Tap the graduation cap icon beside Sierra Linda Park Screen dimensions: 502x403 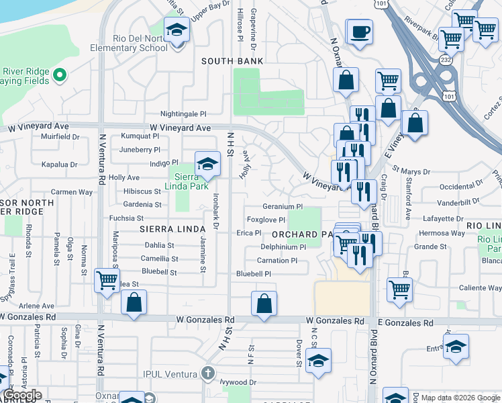pos(207,164)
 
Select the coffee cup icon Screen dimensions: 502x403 pos(359,32)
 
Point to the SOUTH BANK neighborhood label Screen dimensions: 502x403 pos(233,61)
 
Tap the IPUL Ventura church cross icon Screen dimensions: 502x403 pos(208,372)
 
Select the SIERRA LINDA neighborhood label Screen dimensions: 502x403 pos(165,229)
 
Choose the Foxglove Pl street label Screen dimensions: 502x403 pos(266,220)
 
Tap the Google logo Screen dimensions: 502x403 pos(22,394)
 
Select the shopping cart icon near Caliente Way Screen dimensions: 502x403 pos(399,289)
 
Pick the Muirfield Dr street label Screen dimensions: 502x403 pos(60,136)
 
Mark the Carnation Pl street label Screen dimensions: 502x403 pos(277,261)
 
